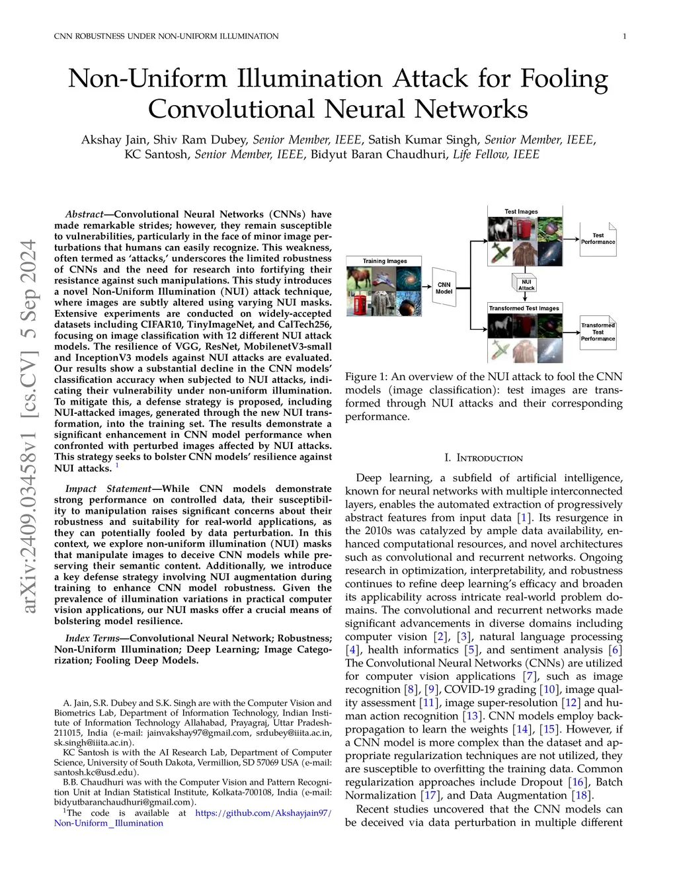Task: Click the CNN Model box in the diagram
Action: tap(444, 288)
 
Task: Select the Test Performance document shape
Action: tap(598, 239)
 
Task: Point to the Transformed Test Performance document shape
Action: tap(598, 332)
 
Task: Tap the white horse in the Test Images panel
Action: tap(500, 229)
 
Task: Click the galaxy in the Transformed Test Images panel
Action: tap(549, 349)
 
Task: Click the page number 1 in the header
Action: tap(624, 36)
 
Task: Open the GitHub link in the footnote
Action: tap(263, 813)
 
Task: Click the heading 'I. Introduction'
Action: tap(483, 458)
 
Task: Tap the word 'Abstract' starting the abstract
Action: tap(84, 214)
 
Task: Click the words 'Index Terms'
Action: tap(92, 638)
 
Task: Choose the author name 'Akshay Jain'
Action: tap(114, 139)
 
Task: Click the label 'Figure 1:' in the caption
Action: tap(366, 377)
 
